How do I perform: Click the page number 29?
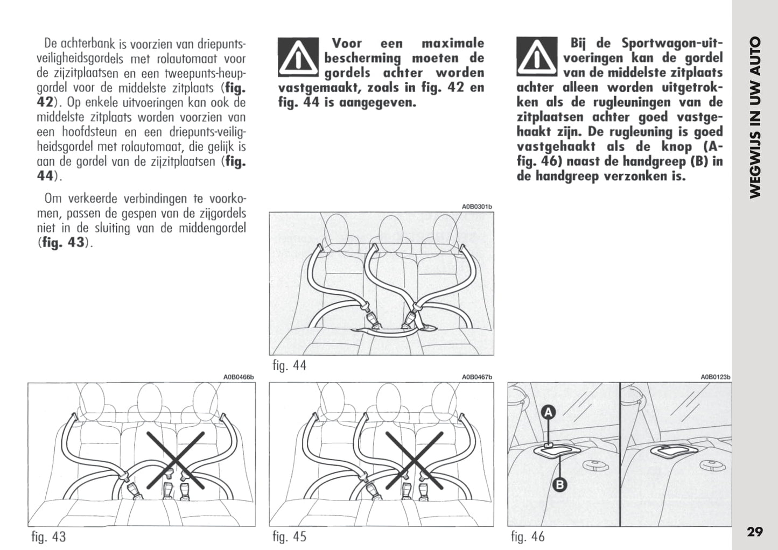755,532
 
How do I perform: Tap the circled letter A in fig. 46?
548,413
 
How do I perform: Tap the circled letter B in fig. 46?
560,485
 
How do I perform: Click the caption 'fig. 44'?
289,365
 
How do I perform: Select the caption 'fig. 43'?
48,537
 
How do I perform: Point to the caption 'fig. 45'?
289,537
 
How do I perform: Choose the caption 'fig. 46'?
528,537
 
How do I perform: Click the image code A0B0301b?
477,207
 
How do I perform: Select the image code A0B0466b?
238,378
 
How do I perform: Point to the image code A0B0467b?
477,378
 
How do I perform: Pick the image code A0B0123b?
716,378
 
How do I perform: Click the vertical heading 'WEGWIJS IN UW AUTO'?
755,117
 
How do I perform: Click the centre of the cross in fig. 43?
177,461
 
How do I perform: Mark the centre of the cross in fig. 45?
414,461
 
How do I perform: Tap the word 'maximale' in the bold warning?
453,43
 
